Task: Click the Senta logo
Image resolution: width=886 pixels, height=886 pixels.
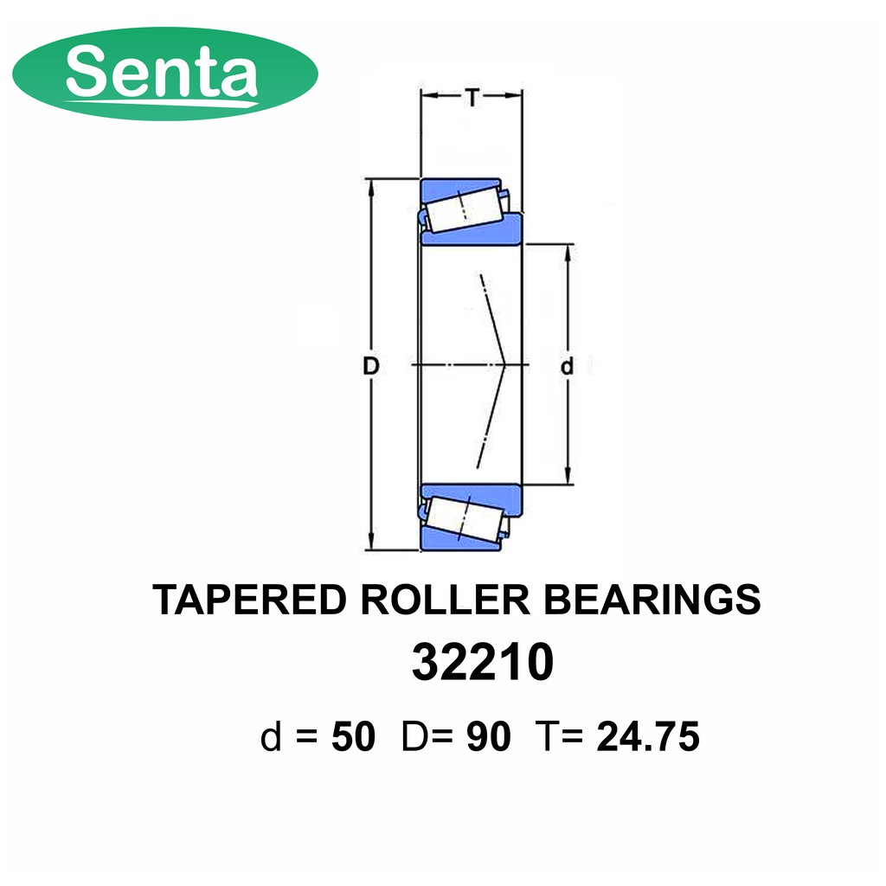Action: click(165, 74)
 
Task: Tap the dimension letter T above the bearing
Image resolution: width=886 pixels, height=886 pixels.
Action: click(472, 99)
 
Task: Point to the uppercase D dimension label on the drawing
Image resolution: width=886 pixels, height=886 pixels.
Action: click(370, 367)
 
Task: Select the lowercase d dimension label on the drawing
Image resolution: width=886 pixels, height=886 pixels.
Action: click(567, 367)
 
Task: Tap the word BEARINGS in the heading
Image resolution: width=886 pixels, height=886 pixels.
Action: click(652, 600)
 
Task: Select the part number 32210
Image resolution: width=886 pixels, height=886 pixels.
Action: click(483, 662)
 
